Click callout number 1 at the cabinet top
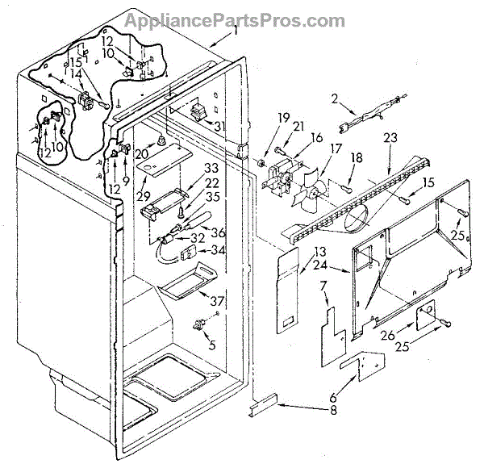(x=235, y=30)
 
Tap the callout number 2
(x=334, y=98)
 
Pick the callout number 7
(x=323, y=286)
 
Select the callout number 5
(x=212, y=344)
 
